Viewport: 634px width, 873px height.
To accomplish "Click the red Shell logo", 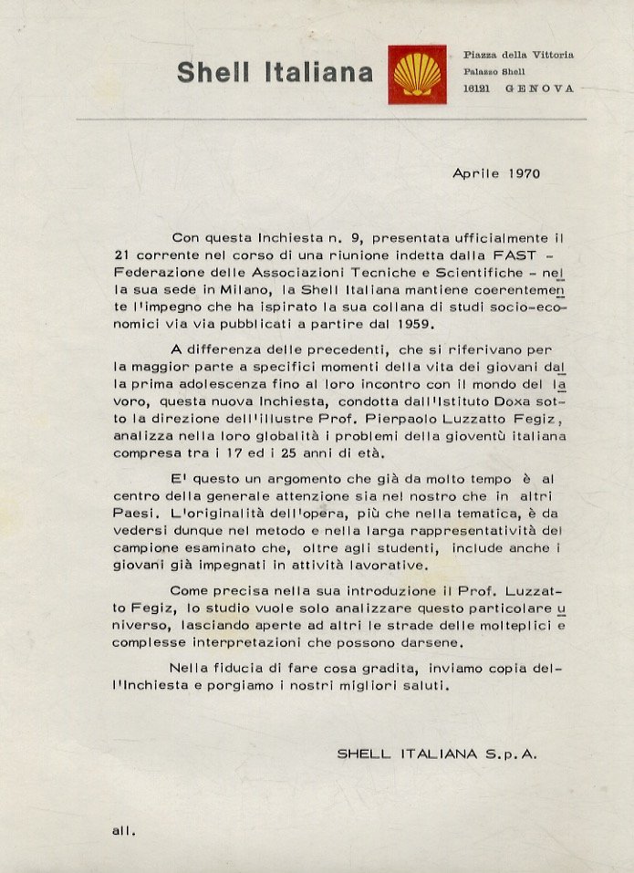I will pos(417,74).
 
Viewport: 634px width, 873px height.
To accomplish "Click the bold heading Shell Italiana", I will pos(275,73).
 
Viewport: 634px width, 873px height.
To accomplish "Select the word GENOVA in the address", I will pos(544,88).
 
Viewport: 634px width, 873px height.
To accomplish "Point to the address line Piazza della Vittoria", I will pos(517,55).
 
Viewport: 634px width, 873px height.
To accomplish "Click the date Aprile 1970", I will pos(496,172).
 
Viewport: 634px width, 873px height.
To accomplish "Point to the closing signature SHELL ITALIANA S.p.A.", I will pos(437,753).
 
